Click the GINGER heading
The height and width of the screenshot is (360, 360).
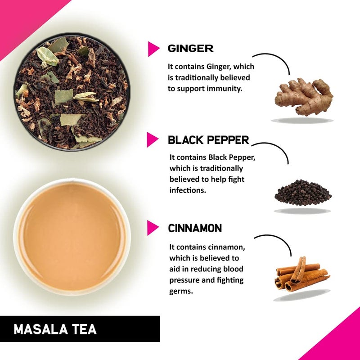click(x=190, y=48)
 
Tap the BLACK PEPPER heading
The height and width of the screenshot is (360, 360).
click(x=208, y=140)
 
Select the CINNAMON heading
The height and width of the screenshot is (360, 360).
click(x=195, y=228)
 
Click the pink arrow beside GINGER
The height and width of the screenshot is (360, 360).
click(x=153, y=49)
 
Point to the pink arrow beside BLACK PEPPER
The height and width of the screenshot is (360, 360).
click(x=153, y=140)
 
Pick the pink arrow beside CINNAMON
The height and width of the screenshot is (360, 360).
click(x=153, y=228)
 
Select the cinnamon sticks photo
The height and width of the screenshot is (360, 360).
click(x=301, y=274)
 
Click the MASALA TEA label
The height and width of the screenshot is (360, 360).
click(x=55, y=329)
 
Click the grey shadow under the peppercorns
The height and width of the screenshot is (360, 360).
click(x=302, y=211)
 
